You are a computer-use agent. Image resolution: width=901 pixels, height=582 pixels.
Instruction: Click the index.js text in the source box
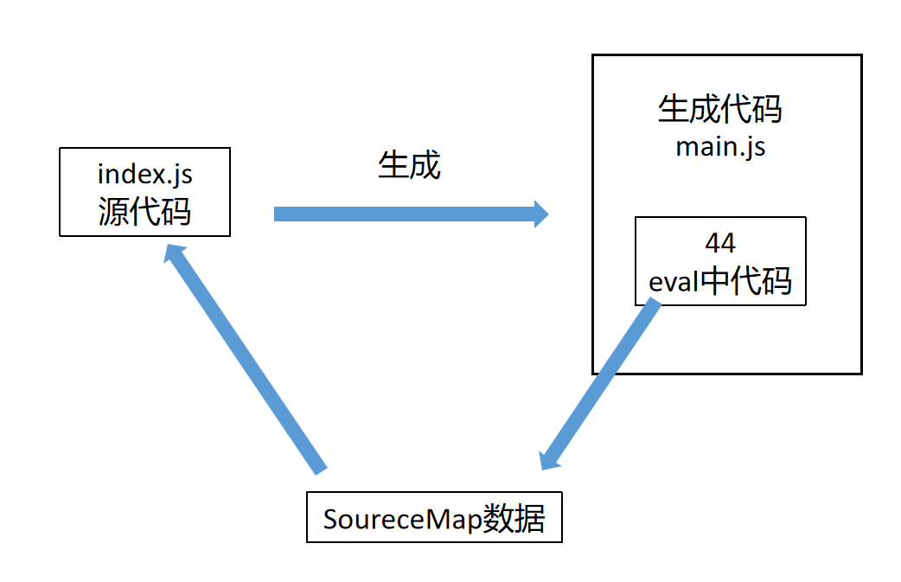point(144,174)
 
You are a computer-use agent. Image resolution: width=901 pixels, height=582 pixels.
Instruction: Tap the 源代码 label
point(144,210)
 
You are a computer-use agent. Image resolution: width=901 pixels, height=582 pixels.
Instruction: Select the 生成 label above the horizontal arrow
point(409,165)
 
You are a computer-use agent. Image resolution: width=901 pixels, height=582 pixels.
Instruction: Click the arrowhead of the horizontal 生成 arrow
point(541,214)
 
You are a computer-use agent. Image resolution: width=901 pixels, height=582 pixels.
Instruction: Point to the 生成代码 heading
point(719,110)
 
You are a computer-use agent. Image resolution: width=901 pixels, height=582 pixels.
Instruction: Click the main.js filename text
point(719,146)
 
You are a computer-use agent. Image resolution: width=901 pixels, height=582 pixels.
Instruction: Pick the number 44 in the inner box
point(720,241)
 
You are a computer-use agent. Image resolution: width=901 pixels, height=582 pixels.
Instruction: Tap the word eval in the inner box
point(674,281)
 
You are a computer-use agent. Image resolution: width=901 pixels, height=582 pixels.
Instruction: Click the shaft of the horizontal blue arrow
point(406,214)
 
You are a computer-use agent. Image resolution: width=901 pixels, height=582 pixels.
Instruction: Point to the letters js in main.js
point(753,147)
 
